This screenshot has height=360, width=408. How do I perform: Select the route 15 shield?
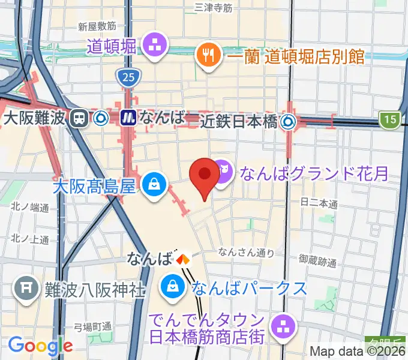tap(391, 120)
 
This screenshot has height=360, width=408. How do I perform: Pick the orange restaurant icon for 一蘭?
tap(209, 56)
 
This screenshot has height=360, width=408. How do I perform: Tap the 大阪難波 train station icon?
tap(78, 118)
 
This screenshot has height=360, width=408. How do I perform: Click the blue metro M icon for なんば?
tap(128, 118)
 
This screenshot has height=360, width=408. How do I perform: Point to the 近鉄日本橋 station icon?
tap(289, 122)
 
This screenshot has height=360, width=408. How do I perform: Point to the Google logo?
tap(40, 346)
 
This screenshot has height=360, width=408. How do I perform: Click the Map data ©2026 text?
tap(358, 351)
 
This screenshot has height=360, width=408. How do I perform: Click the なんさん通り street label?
tap(247, 253)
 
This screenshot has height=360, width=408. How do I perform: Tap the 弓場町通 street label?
tap(92, 326)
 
